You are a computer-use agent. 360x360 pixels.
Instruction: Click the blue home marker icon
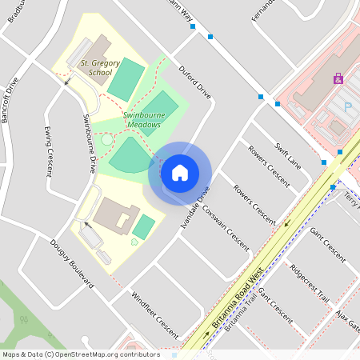tap(180, 173)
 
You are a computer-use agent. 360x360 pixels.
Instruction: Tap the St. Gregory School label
tap(100, 66)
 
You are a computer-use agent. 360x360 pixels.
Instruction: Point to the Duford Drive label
tap(195, 82)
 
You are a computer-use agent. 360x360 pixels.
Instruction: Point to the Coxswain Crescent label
tap(226, 226)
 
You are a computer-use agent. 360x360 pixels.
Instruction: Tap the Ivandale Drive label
tap(195, 210)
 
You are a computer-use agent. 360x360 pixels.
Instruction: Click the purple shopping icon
tap(338, 79)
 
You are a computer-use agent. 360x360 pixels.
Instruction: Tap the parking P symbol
tap(347, 106)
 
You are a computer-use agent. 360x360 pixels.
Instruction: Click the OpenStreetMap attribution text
tap(80, 354)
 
